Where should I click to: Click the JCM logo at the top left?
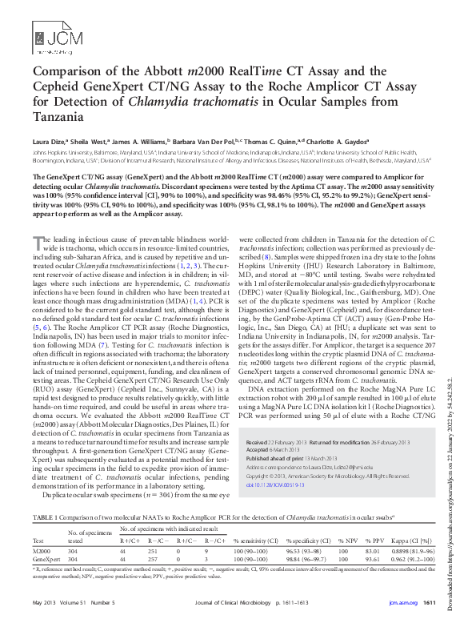[49, 35]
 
